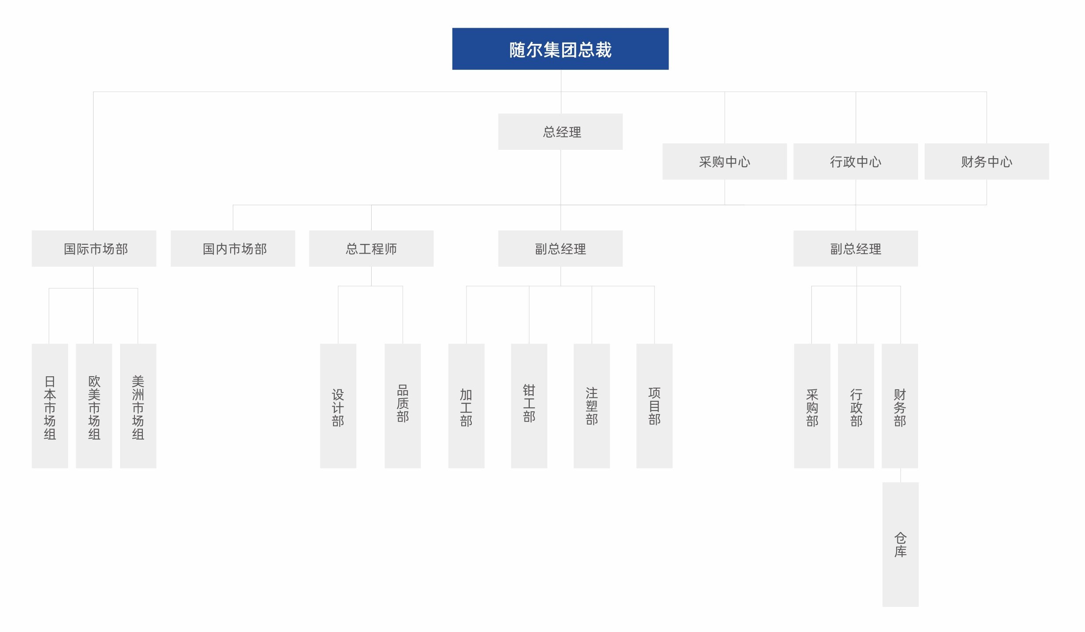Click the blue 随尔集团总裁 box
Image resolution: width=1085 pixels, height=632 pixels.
(x=560, y=49)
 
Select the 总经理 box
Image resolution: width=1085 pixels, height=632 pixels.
(x=560, y=132)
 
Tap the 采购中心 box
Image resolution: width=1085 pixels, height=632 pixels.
(x=724, y=161)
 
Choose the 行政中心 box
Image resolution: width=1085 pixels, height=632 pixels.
(x=855, y=161)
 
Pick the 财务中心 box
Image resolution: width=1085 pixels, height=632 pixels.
(x=987, y=161)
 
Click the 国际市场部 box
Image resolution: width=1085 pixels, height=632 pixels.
(x=94, y=248)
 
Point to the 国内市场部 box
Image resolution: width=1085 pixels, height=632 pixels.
(x=233, y=248)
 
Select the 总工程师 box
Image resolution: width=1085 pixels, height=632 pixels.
(x=371, y=248)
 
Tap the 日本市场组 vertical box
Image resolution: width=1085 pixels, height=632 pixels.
(x=50, y=406)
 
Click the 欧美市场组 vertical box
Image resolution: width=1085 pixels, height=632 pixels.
(x=94, y=406)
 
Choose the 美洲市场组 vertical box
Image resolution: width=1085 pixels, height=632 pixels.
(x=138, y=406)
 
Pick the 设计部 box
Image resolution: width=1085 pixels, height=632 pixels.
(x=338, y=406)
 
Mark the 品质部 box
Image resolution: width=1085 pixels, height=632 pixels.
(x=402, y=406)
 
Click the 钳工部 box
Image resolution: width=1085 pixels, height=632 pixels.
(x=529, y=406)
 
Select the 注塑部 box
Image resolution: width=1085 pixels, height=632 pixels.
(x=592, y=406)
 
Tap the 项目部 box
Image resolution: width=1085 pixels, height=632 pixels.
(x=654, y=406)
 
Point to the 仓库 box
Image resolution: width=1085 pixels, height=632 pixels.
(x=901, y=545)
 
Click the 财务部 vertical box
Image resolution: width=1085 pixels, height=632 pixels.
(x=900, y=406)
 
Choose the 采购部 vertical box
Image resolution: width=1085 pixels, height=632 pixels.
(x=812, y=406)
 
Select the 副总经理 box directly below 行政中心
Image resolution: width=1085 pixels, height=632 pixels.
(x=855, y=248)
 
